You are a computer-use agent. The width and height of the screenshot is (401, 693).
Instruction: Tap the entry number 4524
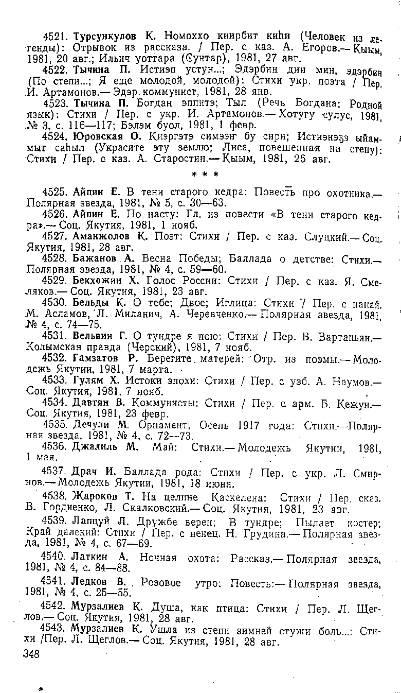[x=56, y=137]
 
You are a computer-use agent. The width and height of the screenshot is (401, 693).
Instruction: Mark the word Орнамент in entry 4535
[x=159, y=426]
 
